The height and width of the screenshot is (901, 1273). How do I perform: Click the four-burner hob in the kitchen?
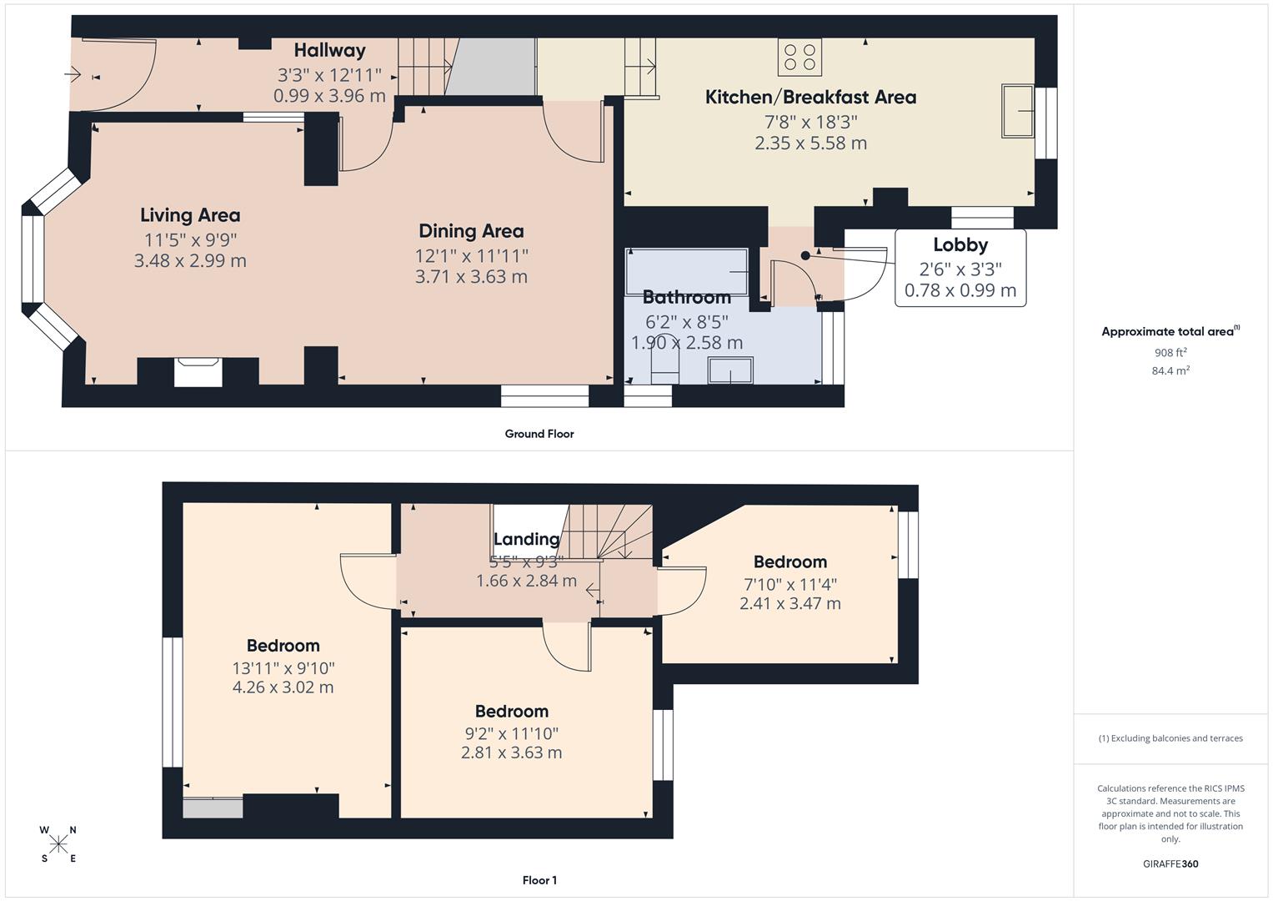(799, 57)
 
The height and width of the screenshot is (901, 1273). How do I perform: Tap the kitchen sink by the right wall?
(1018, 110)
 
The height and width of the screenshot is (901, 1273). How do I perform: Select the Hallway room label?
(329, 51)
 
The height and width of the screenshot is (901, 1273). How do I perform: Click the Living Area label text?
(190, 215)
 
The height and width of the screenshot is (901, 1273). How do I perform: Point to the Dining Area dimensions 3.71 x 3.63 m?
(471, 277)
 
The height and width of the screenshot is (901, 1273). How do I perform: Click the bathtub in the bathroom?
(687, 271)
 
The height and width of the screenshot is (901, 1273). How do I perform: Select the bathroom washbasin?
(730, 370)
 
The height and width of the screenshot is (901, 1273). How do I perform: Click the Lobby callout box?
(960, 268)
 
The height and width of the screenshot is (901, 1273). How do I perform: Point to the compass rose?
(58, 843)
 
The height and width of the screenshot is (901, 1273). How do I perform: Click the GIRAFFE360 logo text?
(1170, 863)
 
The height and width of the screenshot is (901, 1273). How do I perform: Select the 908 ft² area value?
(1170, 353)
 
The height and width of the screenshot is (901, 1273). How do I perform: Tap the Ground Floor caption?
(539, 434)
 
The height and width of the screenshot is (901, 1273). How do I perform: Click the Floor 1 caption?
(539, 880)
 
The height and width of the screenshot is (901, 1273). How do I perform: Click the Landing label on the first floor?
(526, 539)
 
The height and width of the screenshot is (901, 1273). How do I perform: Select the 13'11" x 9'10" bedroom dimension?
(283, 668)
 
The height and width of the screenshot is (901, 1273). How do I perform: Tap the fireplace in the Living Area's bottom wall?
(198, 371)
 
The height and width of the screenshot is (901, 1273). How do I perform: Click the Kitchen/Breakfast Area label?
(810, 97)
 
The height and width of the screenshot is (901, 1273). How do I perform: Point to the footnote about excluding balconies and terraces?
(1170, 738)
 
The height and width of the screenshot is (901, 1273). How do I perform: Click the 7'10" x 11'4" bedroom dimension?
(789, 585)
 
